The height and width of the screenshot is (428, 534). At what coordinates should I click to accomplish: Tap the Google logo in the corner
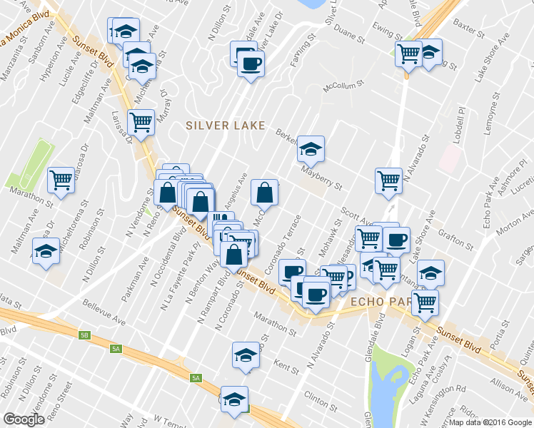pos(24,419)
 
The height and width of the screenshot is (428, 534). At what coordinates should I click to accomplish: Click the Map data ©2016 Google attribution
pos(490,422)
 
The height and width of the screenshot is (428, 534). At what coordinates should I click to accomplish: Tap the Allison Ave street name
pos(508,386)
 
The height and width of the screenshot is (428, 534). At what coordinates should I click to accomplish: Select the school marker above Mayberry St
pos(311,148)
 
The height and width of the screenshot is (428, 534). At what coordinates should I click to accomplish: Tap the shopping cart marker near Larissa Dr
pos(141,123)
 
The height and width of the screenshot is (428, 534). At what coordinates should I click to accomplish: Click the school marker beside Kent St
pos(246,355)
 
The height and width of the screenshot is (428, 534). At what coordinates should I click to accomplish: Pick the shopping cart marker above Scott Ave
pos(389,180)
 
